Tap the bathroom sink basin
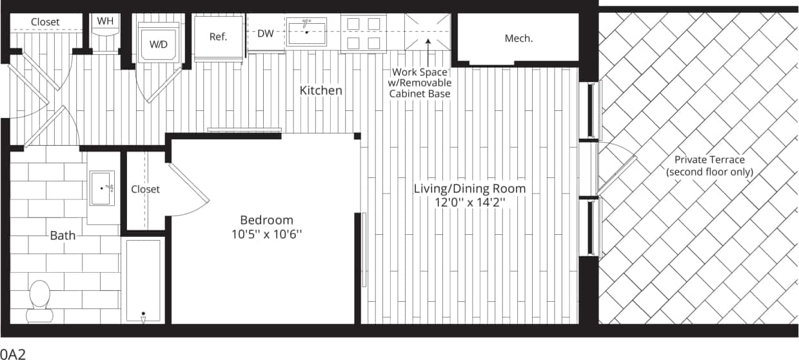pos(102,188)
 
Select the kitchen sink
pos(306,31)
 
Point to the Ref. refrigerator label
pos(218,37)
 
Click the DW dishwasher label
pos(266,34)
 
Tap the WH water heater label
pos(105,21)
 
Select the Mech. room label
pos(518,38)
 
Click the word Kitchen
pos(321,90)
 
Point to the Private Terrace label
pos(709,166)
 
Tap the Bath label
pos(63,235)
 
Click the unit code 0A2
pos(13,354)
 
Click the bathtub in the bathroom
pos(143,281)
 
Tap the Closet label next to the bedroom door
pos(145,189)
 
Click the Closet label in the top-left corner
pos(45,22)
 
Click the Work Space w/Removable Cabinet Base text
pos(420,83)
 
